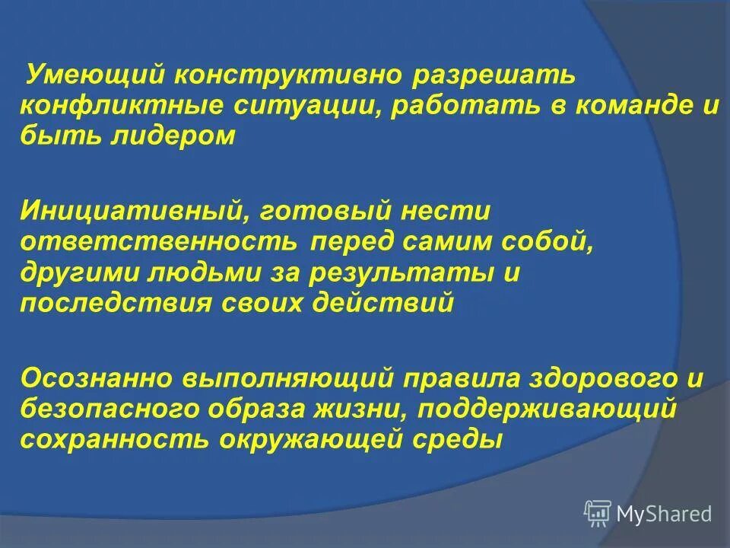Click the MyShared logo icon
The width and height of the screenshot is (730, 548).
click(x=598, y=514)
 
